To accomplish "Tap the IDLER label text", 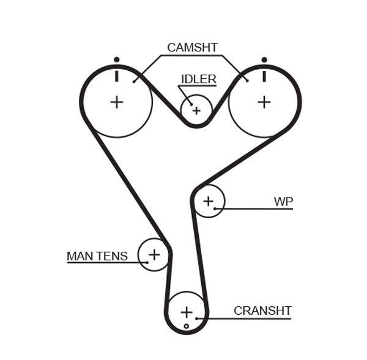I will click(198, 79).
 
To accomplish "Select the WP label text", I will click(283, 200).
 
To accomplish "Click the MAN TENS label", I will click(97, 255).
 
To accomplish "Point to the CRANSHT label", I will click(262, 310).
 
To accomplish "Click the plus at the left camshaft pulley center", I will click(116, 101).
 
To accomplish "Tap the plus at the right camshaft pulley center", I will click(264, 101).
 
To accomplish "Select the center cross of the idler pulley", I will click(196, 111).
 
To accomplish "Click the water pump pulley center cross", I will click(209, 200).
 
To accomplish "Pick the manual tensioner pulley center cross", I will click(154, 254).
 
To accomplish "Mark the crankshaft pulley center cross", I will click(187, 312).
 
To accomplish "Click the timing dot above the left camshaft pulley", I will click(116, 59).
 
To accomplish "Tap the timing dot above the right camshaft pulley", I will click(264, 59).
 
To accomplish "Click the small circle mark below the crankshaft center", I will click(187, 326).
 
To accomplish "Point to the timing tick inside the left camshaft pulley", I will click(116, 76).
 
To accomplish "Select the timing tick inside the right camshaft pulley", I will click(264, 76).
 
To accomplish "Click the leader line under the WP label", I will click(257, 209).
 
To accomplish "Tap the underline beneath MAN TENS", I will click(98, 263).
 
